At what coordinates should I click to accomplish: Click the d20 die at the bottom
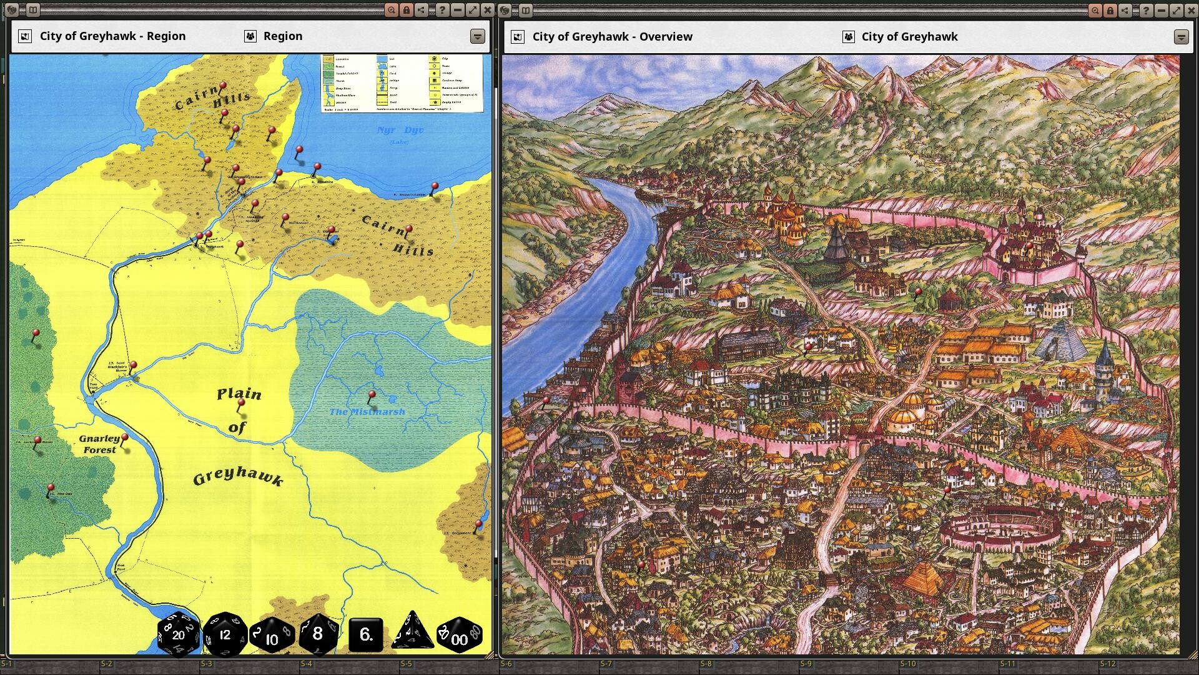[179, 634]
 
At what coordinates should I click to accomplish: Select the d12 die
[225, 634]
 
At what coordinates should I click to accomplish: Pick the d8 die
[318, 634]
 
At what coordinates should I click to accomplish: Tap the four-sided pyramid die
[412, 631]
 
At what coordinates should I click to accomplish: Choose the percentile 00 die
[459, 635]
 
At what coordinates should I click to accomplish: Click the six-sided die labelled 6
[366, 634]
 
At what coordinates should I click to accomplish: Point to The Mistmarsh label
[367, 411]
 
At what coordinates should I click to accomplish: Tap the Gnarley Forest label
[99, 444]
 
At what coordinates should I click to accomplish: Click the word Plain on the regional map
[239, 394]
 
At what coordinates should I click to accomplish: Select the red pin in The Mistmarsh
[372, 395]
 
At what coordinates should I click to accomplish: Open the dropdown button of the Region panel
[477, 36]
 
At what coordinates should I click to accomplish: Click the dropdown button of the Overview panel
[1180, 37]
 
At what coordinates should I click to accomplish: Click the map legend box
[402, 83]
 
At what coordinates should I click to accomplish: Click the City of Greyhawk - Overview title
[612, 37]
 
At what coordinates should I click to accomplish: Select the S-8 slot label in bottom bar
[706, 664]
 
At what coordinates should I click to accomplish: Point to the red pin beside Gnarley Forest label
[125, 437]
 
